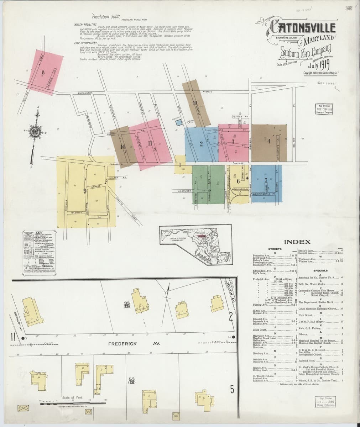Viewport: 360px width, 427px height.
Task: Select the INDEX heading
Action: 297,242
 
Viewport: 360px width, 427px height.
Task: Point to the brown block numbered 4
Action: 269,141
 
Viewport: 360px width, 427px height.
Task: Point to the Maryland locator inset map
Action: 194,242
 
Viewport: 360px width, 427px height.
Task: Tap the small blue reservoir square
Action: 178,122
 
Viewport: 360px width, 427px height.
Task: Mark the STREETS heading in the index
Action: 276,249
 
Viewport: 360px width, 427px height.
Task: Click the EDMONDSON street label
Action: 85,93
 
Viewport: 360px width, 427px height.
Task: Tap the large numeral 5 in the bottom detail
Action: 232,390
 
